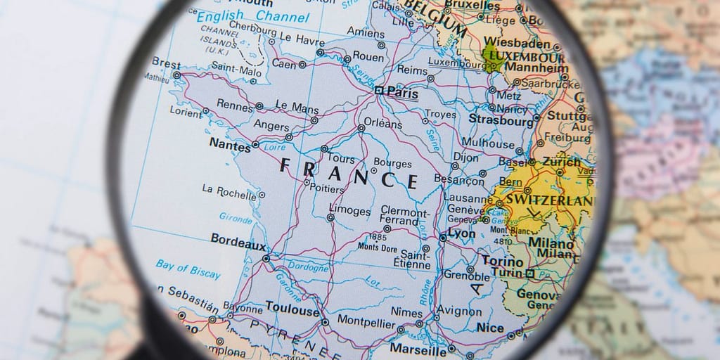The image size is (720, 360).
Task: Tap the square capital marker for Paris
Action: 379,90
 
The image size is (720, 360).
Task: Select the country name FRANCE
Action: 349,173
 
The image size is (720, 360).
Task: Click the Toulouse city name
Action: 292,308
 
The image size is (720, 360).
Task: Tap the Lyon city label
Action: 461,233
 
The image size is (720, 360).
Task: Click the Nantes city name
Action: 230,146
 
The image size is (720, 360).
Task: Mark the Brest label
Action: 167,63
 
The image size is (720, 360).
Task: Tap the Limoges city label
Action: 349,211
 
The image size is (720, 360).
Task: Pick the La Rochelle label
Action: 229,190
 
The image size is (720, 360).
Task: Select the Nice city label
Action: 490,328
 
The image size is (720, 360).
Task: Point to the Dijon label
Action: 466,157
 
